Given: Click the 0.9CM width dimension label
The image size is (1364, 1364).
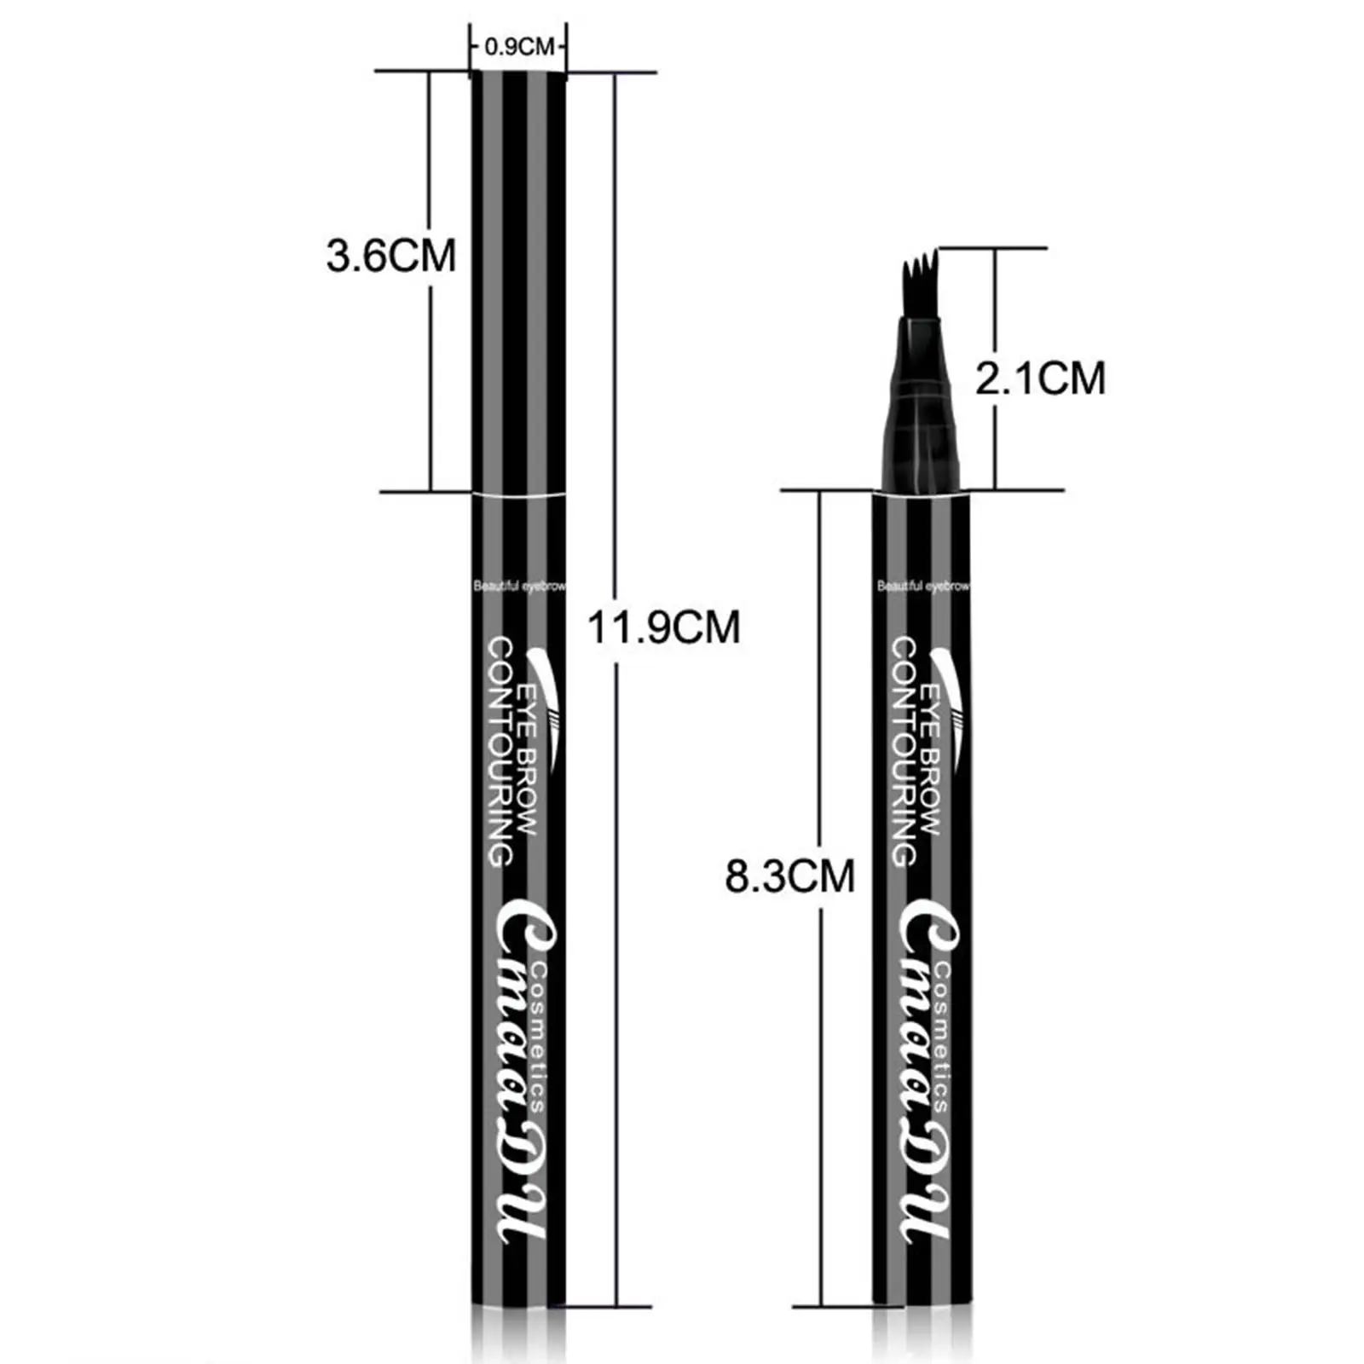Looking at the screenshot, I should coord(519,47).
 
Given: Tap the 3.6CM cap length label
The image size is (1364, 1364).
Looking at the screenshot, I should coord(391,256).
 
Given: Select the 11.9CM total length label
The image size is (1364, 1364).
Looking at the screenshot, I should coord(663,628).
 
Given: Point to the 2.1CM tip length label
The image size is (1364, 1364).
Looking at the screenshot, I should coord(1040,378).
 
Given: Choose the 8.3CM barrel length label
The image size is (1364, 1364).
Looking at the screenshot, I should coord(789,876).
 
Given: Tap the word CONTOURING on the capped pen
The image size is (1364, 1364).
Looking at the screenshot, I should coord(500,752).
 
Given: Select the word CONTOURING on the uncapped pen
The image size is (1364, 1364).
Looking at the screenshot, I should coord(904,752).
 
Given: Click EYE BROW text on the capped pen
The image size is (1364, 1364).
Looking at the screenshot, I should coord(526,759).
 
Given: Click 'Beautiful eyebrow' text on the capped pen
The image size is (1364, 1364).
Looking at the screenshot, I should coord(519,586).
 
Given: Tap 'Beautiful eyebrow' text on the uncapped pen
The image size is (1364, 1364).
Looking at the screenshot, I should coord(923,586).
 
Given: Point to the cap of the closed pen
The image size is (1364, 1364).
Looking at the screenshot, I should coord(518,281).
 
